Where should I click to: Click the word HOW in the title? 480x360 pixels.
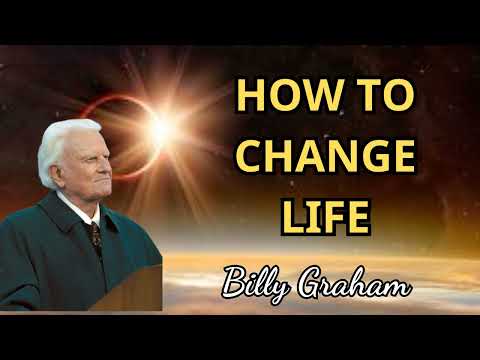pos(282,99)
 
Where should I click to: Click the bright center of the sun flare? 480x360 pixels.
pos(159,126)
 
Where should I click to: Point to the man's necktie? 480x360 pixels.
pos(94,236)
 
